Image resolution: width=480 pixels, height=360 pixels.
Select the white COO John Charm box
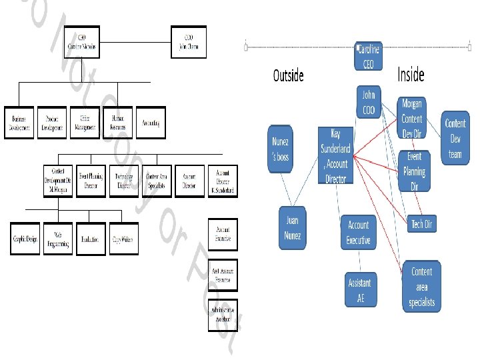click(x=189, y=42)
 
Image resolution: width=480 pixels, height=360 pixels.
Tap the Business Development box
click(x=19, y=123)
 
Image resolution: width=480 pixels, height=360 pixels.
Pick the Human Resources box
click(x=118, y=123)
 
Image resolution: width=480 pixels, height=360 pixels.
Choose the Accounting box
click(x=151, y=123)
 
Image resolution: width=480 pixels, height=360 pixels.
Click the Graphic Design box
click(x=27, y=238)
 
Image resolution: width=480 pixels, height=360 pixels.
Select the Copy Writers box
click(x=125, y=238)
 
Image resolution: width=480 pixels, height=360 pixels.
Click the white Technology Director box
click(x=125, y=181)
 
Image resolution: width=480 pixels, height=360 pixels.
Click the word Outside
click(x=288, y=75)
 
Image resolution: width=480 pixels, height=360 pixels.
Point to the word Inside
click(x=411, y=75)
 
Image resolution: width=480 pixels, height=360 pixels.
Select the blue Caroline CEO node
click(x=369, y=57)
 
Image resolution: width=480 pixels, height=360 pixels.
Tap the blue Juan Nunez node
click(x=293, y=227)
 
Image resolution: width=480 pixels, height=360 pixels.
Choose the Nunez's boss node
click(x=281, y=148)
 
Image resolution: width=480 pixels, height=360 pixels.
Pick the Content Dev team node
click(x=455, y=139)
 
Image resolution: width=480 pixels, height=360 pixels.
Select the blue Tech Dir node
click(x=421, y=224)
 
